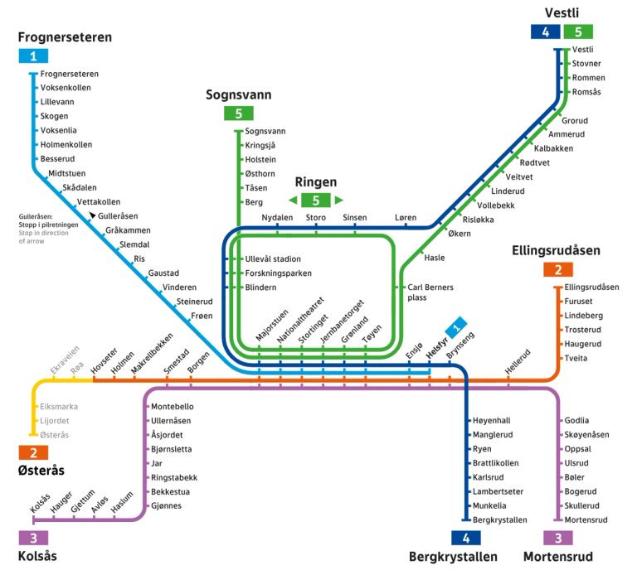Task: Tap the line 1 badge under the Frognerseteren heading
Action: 33,56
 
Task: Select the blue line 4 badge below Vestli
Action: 545,32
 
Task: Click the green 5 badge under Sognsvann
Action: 238,114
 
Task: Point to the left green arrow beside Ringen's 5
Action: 293,200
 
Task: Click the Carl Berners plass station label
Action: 430,292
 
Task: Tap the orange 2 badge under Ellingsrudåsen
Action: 558,269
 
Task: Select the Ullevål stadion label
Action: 273,259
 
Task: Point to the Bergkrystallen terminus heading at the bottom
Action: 453,557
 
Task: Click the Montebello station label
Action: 172,406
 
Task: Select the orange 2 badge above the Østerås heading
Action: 33,452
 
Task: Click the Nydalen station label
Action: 277,217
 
